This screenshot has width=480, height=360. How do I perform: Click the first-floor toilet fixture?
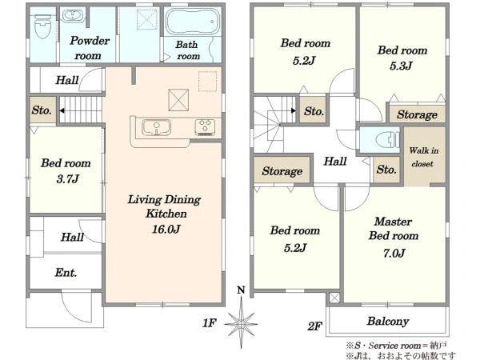tap(43, 26)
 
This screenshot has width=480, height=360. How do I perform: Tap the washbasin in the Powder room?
tap(72, 15)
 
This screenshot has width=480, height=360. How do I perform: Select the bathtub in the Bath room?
tap(192, 22)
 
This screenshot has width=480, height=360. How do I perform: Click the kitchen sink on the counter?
tap(157, 127)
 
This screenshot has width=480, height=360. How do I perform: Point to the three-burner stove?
tap(205, 127)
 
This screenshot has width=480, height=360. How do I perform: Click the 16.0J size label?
tap(166, 229)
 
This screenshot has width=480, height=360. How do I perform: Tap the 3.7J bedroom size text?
tap(68, 178)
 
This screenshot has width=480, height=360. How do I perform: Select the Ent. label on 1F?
tap(66, 273)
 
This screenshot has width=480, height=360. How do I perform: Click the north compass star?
tap(242, 323)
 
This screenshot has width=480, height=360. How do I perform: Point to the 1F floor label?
tap(210, 322)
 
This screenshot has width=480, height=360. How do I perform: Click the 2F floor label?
tap(315, 326)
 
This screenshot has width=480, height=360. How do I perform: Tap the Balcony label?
tap(388, 321)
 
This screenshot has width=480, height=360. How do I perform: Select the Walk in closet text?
tap(424, 157)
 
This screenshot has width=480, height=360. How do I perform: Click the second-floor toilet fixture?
tap(387, 139)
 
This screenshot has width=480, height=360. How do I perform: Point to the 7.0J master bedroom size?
tap(394, 253)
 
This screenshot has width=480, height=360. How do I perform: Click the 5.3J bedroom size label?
tap(401, 66)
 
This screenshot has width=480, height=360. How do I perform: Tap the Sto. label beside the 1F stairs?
tap(42, 110)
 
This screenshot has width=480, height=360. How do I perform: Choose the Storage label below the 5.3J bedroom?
tap(417, 114)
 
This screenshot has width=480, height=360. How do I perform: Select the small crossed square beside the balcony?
tap(334, 298)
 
